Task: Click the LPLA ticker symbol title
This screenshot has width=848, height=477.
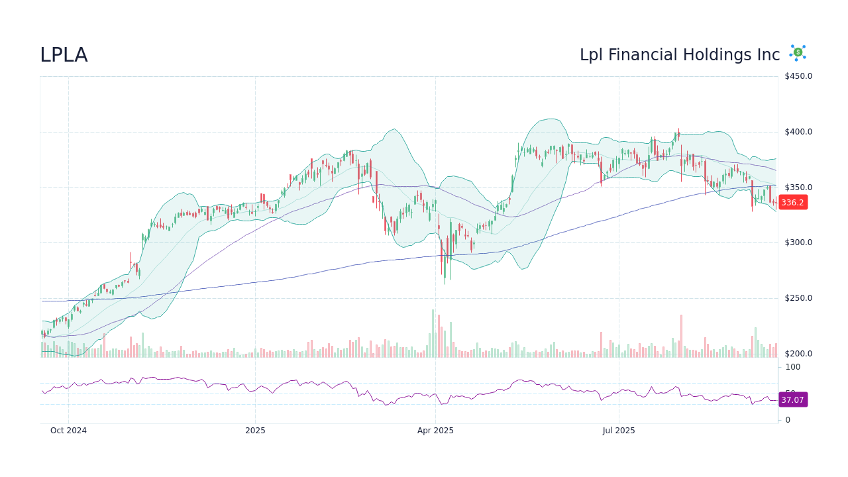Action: coord(64,55)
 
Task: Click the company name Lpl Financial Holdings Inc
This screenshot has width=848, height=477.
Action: coord(679,55)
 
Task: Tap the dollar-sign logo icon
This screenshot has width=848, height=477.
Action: coord(798,53)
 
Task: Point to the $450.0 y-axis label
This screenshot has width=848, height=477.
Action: coord(798,76)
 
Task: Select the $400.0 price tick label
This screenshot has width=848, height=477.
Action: coord(798,132)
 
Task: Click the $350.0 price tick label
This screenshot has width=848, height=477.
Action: coord(798,187)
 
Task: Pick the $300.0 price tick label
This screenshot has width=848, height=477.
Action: coord(798,242)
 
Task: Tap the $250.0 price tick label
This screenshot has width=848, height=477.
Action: coord(798,298)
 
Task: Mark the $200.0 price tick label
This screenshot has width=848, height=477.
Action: coord(798,354)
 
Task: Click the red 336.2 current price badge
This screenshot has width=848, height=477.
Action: coord(792,203)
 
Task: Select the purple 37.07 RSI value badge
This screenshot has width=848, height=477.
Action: coord(792,400)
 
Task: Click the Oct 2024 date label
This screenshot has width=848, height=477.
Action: coord(68,431)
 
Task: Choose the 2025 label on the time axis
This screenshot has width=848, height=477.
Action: coord(255,431)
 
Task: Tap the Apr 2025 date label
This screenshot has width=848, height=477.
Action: coord(435,431)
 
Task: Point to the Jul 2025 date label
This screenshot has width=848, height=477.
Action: coord(619,431)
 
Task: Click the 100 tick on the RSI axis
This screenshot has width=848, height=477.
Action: coord(792,367)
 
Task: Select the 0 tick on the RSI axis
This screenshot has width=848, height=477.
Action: coord(788,420)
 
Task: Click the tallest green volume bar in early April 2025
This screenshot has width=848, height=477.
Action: coord(433,334)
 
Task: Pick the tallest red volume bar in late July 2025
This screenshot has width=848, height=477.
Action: coord(681,337)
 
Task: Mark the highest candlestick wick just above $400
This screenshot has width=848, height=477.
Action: coord(678,130)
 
